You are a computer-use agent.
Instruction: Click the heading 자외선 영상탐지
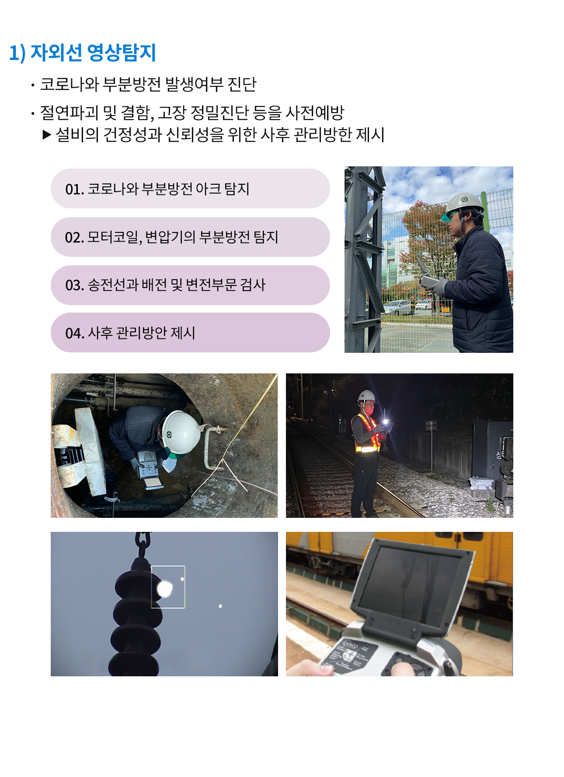[93, 53]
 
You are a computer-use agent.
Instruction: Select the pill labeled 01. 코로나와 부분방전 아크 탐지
[190, 189]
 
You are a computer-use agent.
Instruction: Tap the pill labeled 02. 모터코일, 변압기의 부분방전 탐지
[190, 237]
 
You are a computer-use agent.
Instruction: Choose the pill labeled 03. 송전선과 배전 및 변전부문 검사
[190, 285]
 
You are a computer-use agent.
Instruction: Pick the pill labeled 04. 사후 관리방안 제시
[190, 333]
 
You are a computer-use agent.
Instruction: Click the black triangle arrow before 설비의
[47, 134]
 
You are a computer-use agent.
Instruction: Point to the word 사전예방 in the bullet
[315, 113]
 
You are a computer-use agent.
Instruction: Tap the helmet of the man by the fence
[464, 202]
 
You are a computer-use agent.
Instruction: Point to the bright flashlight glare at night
[385, 422]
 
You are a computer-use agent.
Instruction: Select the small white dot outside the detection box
[220, 606]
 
